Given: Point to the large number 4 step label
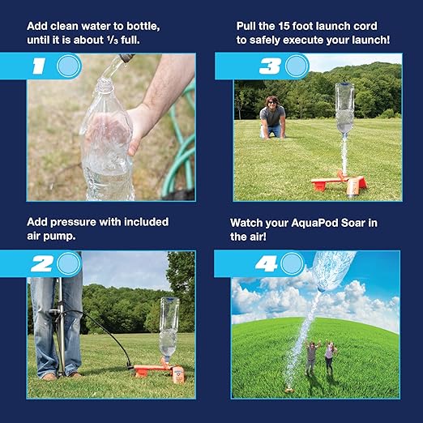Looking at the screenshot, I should [267, 263].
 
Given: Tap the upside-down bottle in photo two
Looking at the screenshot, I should [169, 328].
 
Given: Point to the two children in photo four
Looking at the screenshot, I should [320, 357].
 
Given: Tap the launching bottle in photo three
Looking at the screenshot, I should [344, 109].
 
